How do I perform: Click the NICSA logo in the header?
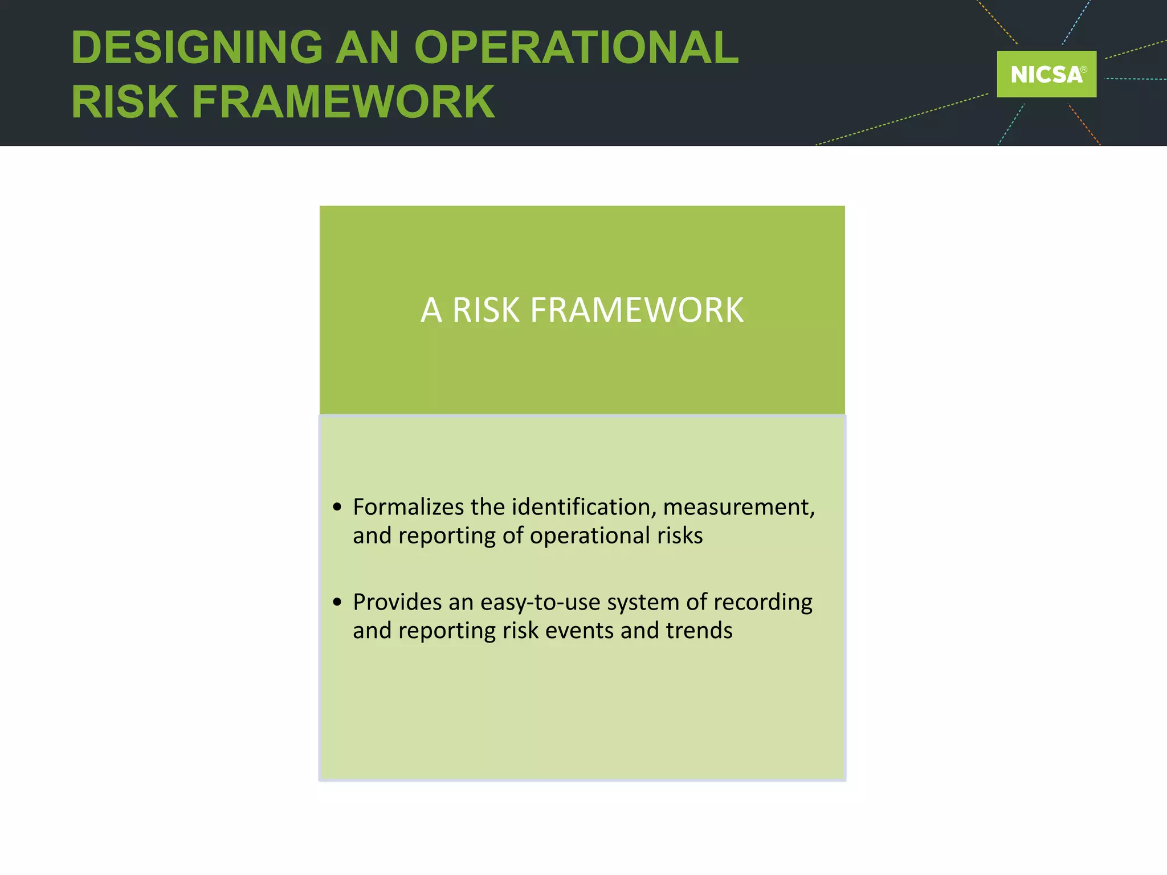(1046, 74)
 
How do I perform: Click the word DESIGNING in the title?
(197, 47)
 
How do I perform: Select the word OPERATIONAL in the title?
(576, 47)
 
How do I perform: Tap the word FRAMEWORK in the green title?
(343, 102)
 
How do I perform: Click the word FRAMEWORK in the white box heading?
(636, 310)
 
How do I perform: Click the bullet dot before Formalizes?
(337, 506)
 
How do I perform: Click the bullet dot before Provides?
(337, 602)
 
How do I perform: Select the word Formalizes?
(409, 506)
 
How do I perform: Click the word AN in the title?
(367, 47)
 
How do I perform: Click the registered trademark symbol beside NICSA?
(1084, 69)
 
